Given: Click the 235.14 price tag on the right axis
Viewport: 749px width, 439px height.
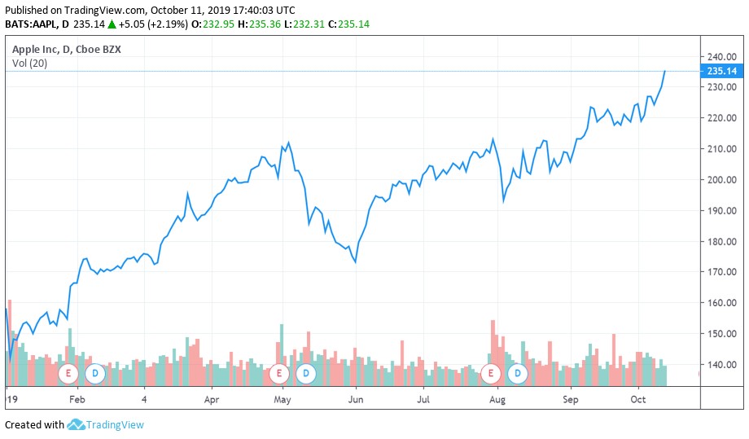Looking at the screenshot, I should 721,72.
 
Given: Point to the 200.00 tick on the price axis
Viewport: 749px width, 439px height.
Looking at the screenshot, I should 721,180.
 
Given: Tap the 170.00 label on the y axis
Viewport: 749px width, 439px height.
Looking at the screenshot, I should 721,272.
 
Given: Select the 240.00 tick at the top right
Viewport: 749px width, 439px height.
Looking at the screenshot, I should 721,57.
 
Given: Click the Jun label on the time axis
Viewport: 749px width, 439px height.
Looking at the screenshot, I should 355,400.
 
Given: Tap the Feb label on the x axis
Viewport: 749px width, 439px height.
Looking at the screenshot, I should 77,400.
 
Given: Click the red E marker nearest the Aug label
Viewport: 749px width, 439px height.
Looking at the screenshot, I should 491,374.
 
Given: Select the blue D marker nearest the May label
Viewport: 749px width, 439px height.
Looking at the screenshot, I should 306,374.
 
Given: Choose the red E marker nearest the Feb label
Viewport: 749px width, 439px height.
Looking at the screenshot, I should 68,374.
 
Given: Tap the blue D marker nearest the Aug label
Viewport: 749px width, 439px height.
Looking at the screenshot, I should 518,374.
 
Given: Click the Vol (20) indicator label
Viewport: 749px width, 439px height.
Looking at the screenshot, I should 28,64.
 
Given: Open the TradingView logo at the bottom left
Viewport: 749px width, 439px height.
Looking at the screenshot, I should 105,424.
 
